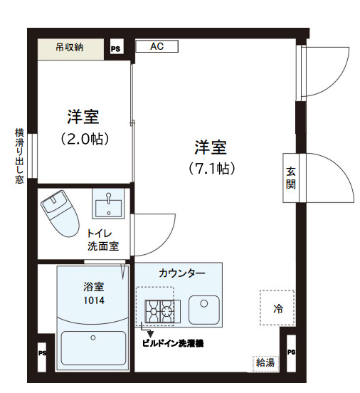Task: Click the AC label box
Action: (x=157, y=47)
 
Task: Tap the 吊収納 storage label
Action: (x=70, y=48)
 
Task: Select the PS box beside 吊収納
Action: (x=115, y=49)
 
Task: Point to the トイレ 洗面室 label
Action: (x=103, y=241)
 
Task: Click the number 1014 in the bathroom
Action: (x=94, y=300)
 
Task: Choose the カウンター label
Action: (x=182, y=273)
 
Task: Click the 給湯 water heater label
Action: (x=265, y=362)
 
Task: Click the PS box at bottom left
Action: (x=42, y=352)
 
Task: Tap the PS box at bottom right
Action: (x=290, y=352)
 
